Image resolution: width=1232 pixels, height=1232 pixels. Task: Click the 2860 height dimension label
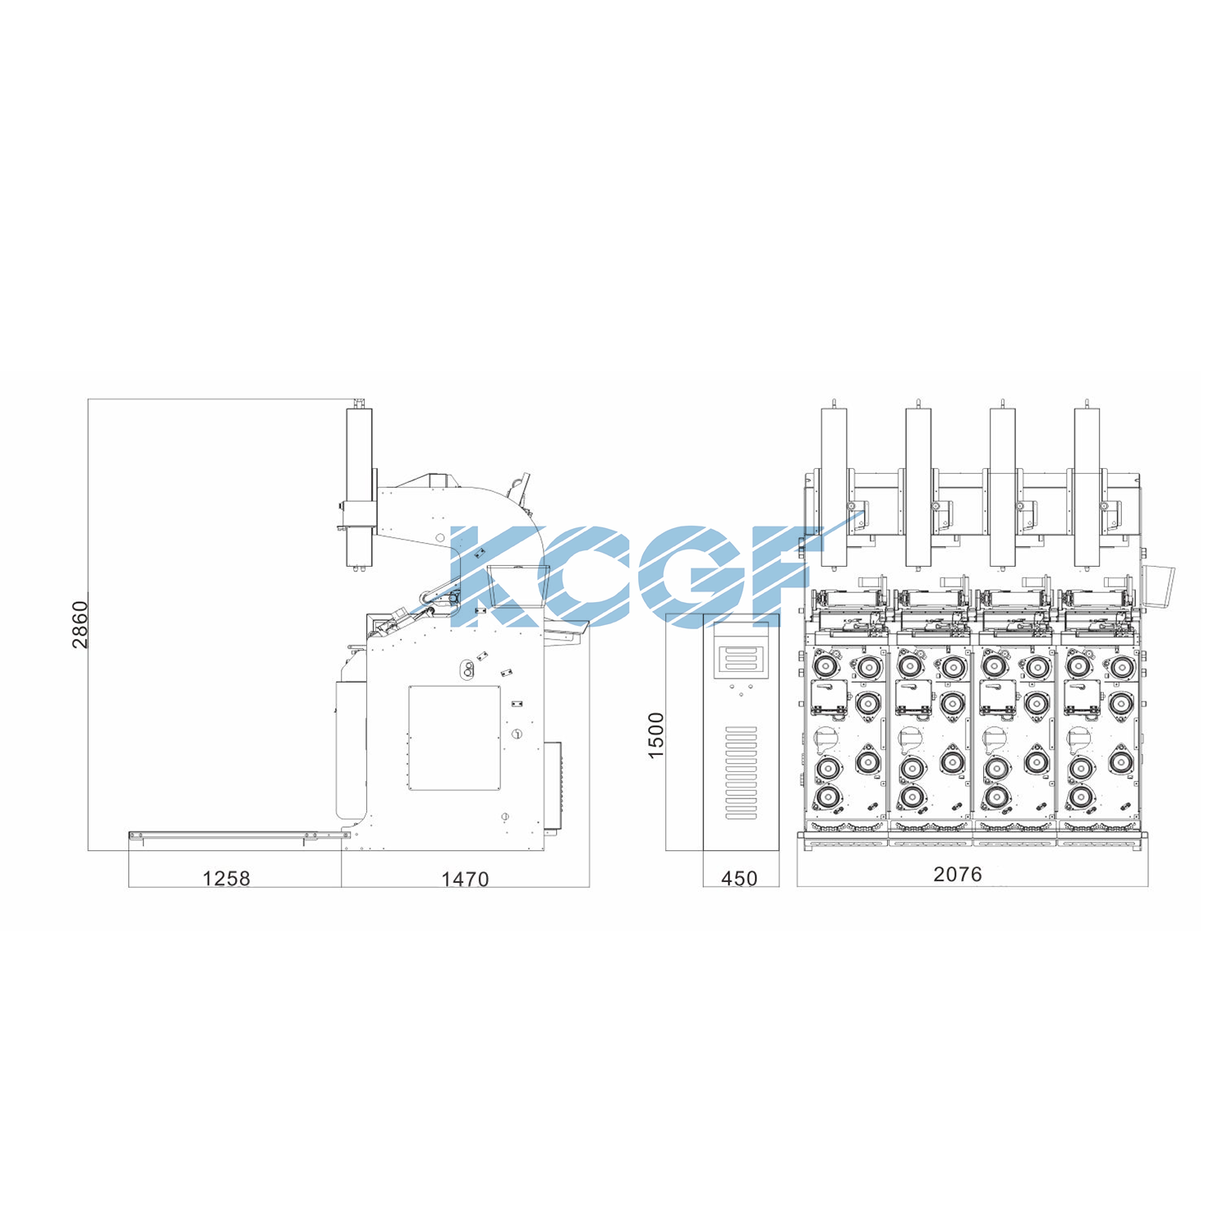[x=80, y=624]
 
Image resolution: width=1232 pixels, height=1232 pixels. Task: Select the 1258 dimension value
[x=226, y=879]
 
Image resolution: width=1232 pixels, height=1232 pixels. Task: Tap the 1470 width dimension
[x=465, y=880]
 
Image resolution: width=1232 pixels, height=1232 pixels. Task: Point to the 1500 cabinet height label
[x=656, y=735]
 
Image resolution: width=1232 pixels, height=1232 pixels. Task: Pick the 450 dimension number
[x=739, y=879]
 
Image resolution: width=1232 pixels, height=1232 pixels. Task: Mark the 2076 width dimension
[x=958, y=875]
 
